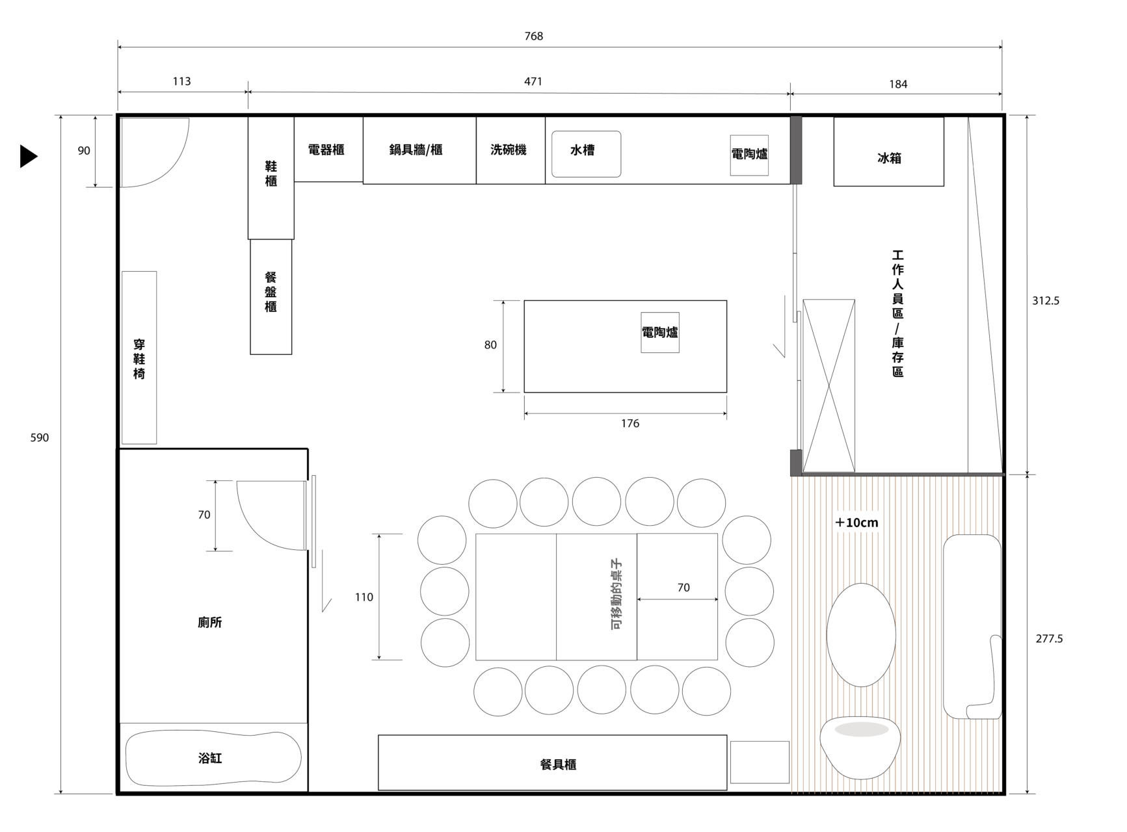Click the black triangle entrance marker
(28, 156)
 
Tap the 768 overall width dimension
(534, 36)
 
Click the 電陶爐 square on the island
(660, 333)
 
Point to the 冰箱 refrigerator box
(889, 151)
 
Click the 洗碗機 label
(509, 150)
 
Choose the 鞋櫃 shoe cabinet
(271, 178)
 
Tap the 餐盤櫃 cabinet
(271, 297)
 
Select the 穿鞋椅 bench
(139, 357)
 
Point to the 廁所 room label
(210, 623)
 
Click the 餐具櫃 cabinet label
(559, 765)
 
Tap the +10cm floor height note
(856, 523)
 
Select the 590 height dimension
(40, 438)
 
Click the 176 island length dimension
(630, 424)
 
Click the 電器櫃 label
(326, 150)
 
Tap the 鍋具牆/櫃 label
(416, 150)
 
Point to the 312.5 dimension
(1046, 301)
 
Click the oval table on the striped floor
(861, 635)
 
